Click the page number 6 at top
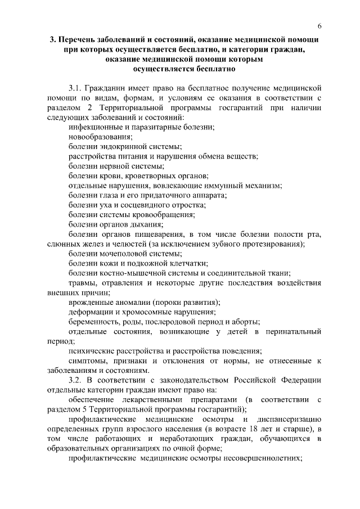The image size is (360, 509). [x=319, y=26]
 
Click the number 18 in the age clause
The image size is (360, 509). [x=253, y=429]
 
